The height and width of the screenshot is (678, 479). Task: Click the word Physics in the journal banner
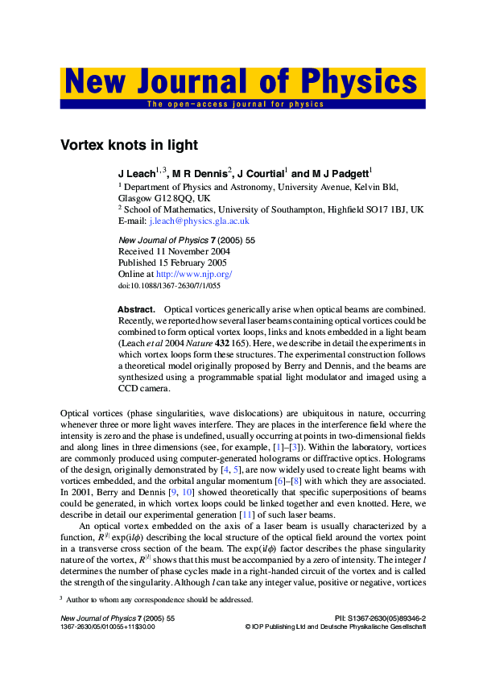[x=358, y=83]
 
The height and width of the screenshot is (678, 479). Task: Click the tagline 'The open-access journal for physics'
[x=235, y=105]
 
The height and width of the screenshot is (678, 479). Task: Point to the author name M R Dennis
[x=200, y=173]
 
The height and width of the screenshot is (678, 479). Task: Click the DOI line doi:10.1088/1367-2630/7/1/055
[x=169, y=285]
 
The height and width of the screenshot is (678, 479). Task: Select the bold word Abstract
[x=136, y=309]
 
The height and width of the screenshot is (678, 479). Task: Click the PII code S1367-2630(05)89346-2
[x=390, y=618]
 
